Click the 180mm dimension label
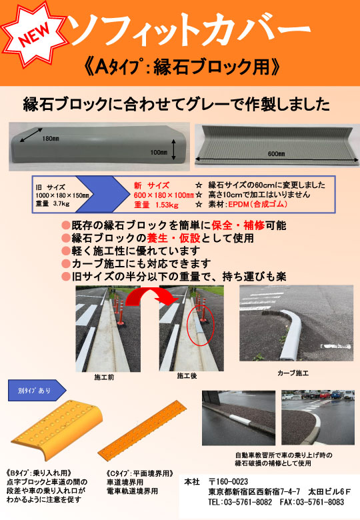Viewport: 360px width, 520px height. click(x=50, y=138)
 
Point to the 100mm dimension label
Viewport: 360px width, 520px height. click(x=159, y=152)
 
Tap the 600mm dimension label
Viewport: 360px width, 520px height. click(x=277, y=153)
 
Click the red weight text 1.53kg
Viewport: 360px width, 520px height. click(x=167, y=205)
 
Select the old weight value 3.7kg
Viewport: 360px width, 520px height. click(x=61, y=203)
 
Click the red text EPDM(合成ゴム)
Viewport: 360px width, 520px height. click(x=257, y=204)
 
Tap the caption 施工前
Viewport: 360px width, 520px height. click(x=104, y=377)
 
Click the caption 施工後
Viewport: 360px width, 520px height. click(x=187, y=376)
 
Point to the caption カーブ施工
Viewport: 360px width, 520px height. click(x=293, y=373)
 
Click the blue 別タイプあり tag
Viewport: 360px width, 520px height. click(x=37, y=391)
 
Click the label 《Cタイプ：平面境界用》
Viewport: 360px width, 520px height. click(x=140, y=473)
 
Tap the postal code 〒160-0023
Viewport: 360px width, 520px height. click(x=229, y=481)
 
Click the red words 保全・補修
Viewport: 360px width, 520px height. click(x=238, y=225)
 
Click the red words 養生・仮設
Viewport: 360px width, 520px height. click(x=173, y=238)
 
